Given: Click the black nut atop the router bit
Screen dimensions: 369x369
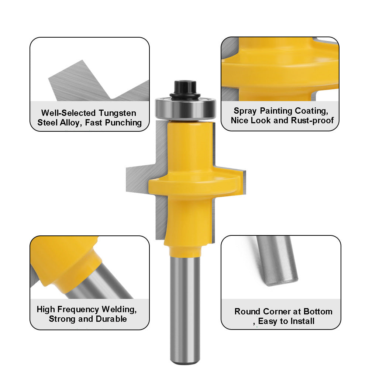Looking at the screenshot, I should (185, 88).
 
